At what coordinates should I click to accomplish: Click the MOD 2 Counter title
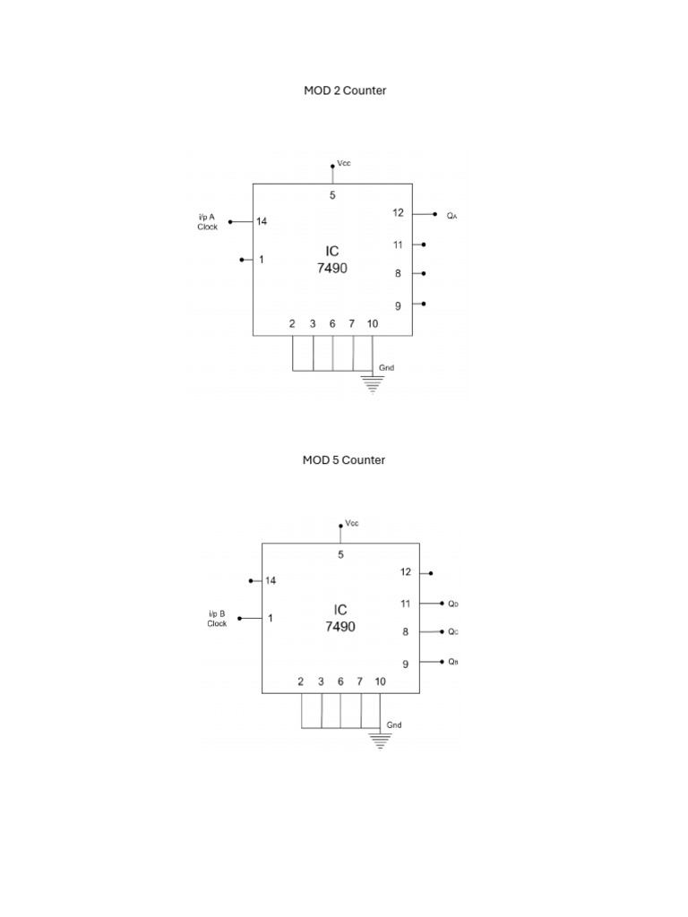[x=345, y=90]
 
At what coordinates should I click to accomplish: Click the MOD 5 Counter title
[x=344, y=459]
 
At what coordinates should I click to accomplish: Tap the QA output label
[x=452, y=216]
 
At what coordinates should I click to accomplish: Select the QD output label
[x=453, y=604]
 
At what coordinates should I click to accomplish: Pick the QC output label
[x=453, y=631]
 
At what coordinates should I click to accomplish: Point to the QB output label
[x=453, y=662]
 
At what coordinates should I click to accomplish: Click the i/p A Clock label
[x=208, y=222]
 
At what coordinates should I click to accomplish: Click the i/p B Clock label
[x=217, y=619]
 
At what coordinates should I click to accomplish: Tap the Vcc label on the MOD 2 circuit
[x=344, y=164]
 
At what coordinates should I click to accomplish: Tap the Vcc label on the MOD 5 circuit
[x=352, y=523]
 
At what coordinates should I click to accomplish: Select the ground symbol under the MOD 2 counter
[x=373, y=383]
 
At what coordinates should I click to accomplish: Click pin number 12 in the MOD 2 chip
[x=398, y=213]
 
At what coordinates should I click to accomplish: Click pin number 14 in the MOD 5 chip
[x=271, y=580]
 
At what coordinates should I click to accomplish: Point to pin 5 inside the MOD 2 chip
[x=332, y=194]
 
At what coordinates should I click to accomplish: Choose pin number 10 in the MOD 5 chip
[x=380, y=681]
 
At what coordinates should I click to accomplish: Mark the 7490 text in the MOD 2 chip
[x=331, y=268]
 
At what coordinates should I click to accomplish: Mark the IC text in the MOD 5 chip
[x=340, y=610]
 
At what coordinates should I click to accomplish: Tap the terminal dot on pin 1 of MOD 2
[x=242, y=260]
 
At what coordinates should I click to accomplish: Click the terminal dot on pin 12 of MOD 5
[x=431, y=572]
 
